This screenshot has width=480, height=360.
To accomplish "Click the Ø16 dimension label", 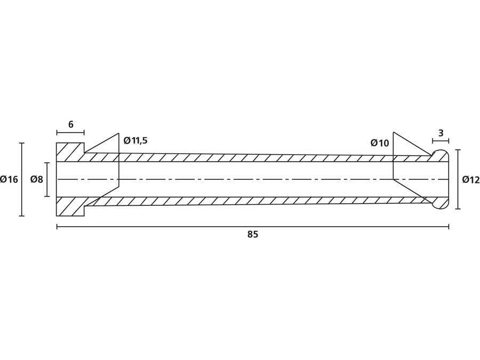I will pos(9,180).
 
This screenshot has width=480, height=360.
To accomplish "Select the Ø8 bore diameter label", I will pos(36,180).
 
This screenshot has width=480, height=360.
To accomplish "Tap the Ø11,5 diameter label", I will pos(135,141).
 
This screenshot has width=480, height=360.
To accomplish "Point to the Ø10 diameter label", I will pos(380,143).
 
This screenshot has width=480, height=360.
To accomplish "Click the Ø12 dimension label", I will pos(470,180).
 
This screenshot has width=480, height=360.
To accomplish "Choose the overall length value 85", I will pos(252,235).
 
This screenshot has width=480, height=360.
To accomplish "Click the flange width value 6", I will pos(71,124).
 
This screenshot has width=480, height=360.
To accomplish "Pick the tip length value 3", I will pos(441,133).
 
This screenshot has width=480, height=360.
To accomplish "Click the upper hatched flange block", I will pos(70,152).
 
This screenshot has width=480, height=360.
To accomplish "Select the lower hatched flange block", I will pos(70,206).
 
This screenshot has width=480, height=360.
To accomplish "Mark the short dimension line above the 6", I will pos(70,132).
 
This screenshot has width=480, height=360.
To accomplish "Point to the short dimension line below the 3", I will pos(440,141).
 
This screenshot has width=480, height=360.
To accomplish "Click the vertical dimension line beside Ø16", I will pos(21,180).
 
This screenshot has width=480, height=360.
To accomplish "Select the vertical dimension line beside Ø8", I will pos(47,180).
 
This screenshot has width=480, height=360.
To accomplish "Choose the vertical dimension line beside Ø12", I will pos(458,180).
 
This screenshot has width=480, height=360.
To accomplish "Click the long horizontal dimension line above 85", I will pos(252,227).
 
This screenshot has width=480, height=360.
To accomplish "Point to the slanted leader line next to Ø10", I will pos(412,143).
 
